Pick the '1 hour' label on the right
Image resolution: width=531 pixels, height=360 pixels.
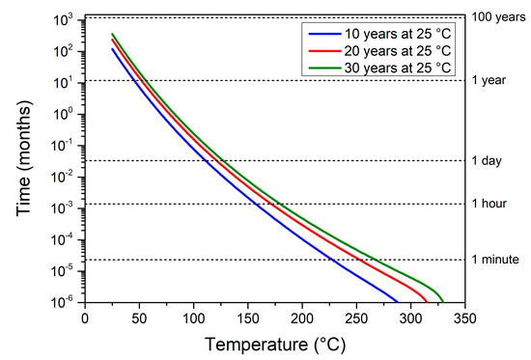[x=490, y=204]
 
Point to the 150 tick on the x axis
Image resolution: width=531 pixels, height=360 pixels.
[x=248, y=317]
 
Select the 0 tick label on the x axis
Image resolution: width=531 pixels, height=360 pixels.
[x=85, y=317]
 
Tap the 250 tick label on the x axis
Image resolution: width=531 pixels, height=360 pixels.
[x=357, y=317]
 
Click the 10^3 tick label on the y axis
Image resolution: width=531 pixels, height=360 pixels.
[x=66, y=20]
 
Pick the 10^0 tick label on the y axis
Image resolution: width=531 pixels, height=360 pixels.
[x=66, y=114]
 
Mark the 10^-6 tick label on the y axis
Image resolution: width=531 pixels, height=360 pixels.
[x=66, y=302]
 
